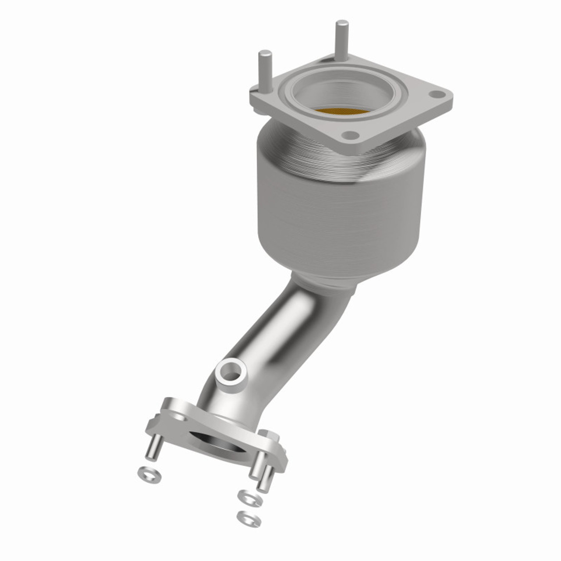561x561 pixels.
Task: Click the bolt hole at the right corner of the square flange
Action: pyautogui.click(x=436, y=94)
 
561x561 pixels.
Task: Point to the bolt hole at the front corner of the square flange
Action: pyautogui.click(x=348, y=135)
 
